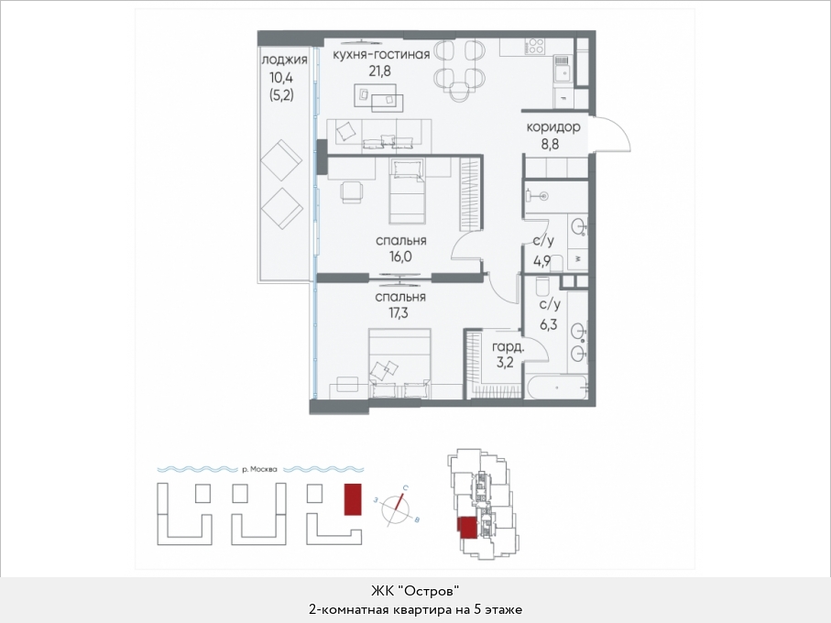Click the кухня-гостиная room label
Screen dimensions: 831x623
(380, 54)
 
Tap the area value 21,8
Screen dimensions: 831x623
(380, 71)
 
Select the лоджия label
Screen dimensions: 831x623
(285, 60)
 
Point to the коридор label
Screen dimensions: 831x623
(553, 127)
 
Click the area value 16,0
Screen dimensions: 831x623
(400, 257)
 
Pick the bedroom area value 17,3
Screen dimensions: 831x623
(399, 313)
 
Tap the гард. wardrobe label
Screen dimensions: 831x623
(508, 348)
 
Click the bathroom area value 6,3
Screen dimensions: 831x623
(549, 324)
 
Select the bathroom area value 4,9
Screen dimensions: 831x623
(542, 261)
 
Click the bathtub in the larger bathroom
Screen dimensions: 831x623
(556, 388)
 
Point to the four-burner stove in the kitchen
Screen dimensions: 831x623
(535, 46)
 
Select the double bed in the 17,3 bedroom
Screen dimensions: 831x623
(399, 364)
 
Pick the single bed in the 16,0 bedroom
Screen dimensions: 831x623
(408, 191)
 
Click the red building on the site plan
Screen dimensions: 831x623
(353, 499)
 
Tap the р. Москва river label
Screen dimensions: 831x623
(259, 469)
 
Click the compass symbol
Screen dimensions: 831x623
(397, 509)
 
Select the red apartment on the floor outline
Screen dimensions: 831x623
(467, 528)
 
